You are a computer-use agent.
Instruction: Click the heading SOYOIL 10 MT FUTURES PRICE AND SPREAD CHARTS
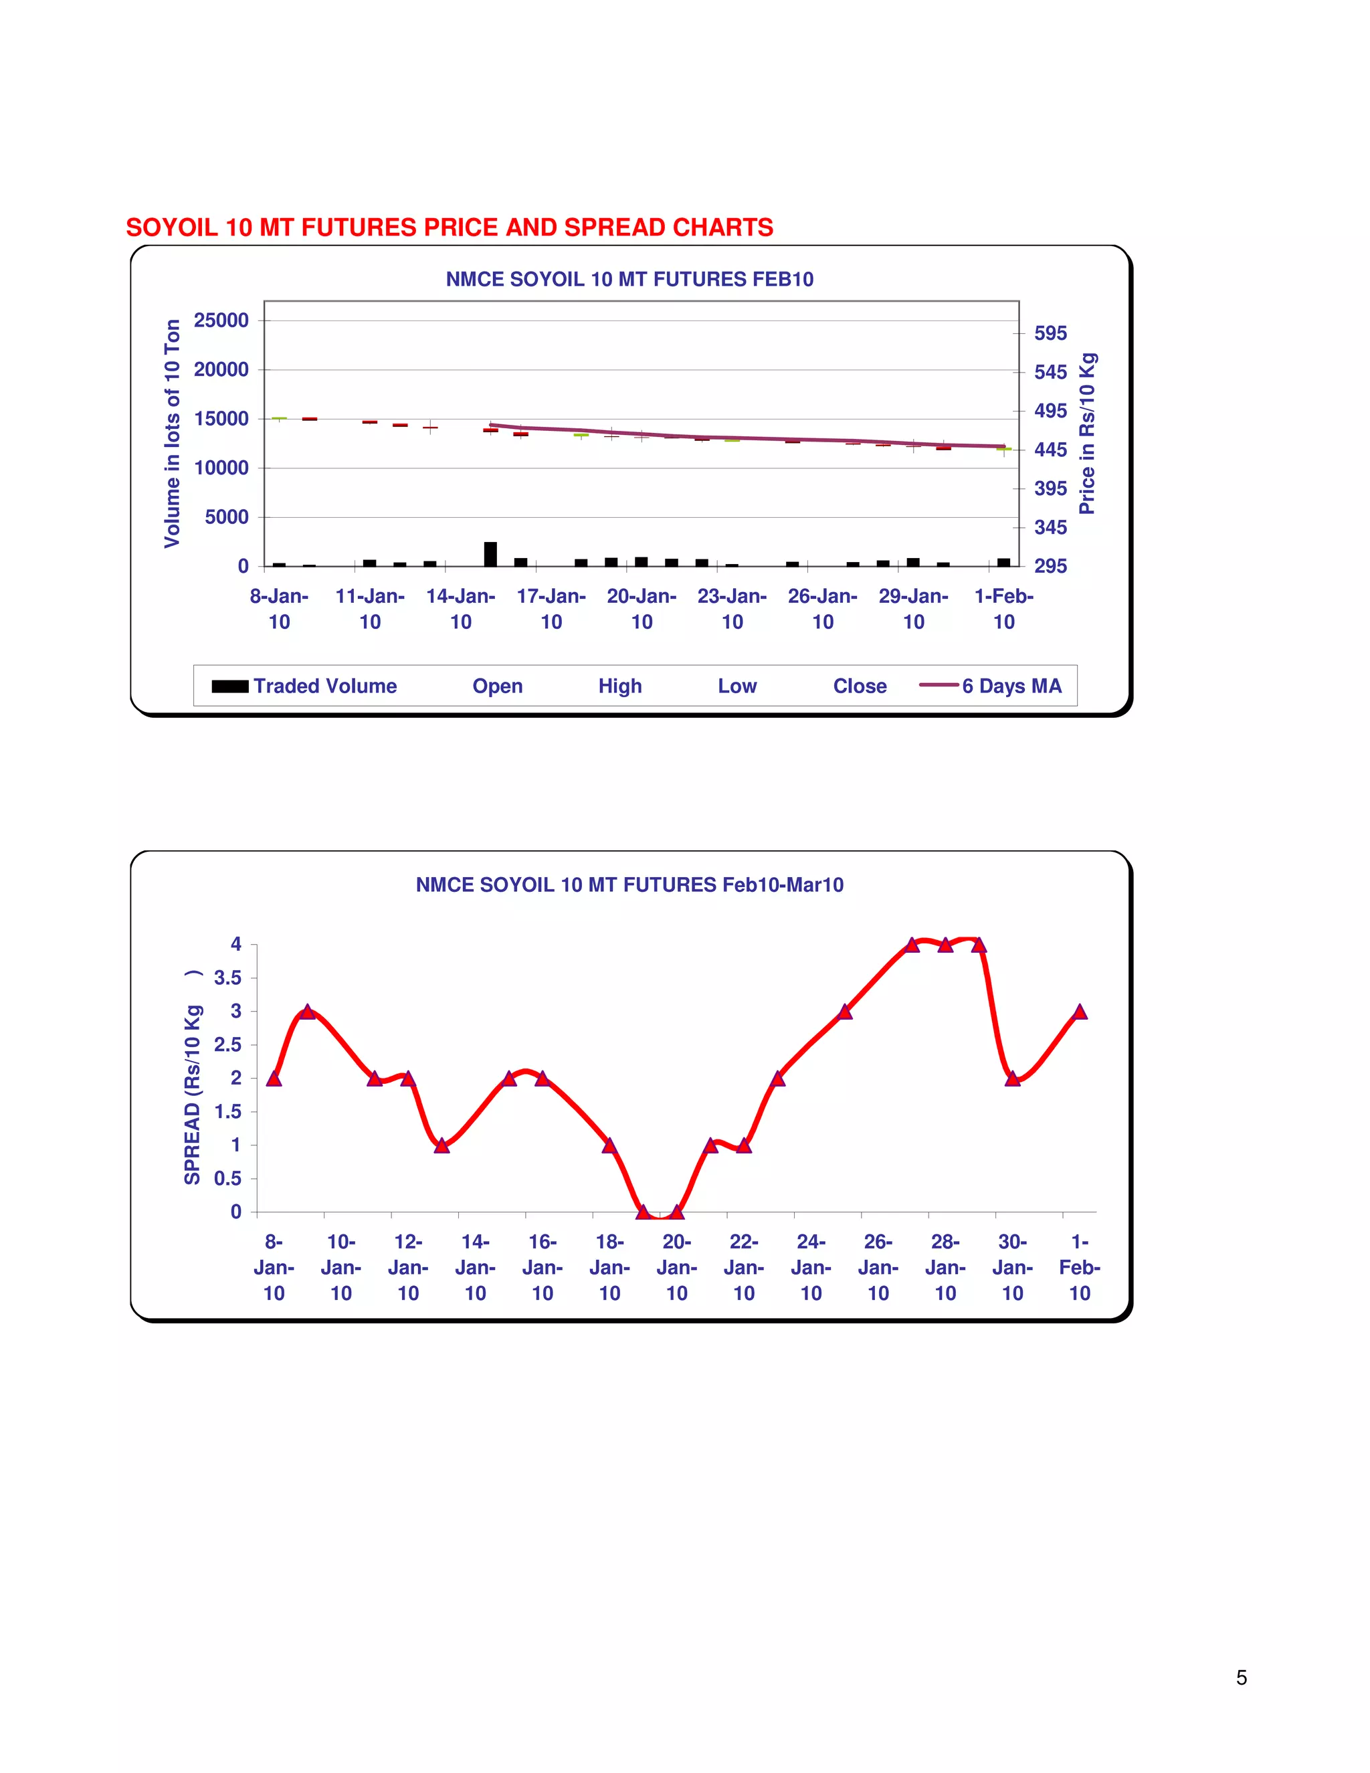tap(449, 227)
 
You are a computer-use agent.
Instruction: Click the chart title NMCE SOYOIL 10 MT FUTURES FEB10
tap(629, 279)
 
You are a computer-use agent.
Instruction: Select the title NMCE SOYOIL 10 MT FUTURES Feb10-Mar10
tap(629, 885)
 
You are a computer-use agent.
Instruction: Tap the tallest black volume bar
tap(490, 554)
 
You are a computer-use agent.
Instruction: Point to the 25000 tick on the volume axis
tap(221, 320)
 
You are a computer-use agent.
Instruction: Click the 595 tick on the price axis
tap(1050, 334)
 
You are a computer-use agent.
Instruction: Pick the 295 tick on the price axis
tap(1050, 566)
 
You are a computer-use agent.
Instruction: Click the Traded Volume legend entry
tap(305, 686)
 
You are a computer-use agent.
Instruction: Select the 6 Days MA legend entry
tap(991, 686)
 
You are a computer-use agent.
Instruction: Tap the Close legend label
tap(860, 686)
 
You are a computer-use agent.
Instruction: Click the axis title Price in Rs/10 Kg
tap(1087, 434)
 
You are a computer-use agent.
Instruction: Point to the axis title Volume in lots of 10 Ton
tap(172, 434)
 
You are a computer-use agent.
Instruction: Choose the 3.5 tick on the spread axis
tap(227, 978)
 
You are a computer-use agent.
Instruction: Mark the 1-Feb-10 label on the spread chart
tap(1080, 1267)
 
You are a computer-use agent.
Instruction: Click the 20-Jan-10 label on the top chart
tap(641, 609)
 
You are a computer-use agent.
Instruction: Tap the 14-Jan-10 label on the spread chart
tap(475, 1267)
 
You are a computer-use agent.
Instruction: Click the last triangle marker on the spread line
tap(1080, 1012)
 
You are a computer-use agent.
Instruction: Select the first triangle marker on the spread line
tap(274, 1078)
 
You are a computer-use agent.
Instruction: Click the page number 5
tap(1241, 1678)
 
